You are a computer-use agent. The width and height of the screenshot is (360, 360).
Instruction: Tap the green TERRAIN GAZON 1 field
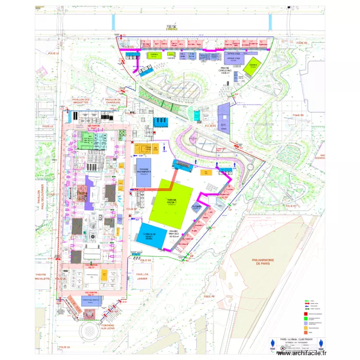point(171,202)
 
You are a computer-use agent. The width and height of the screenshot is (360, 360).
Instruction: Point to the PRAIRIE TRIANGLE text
point(174,233)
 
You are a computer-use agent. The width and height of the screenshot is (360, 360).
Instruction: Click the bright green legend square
point(305,318)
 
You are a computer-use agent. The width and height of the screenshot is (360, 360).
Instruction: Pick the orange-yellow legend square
point(305,327)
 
